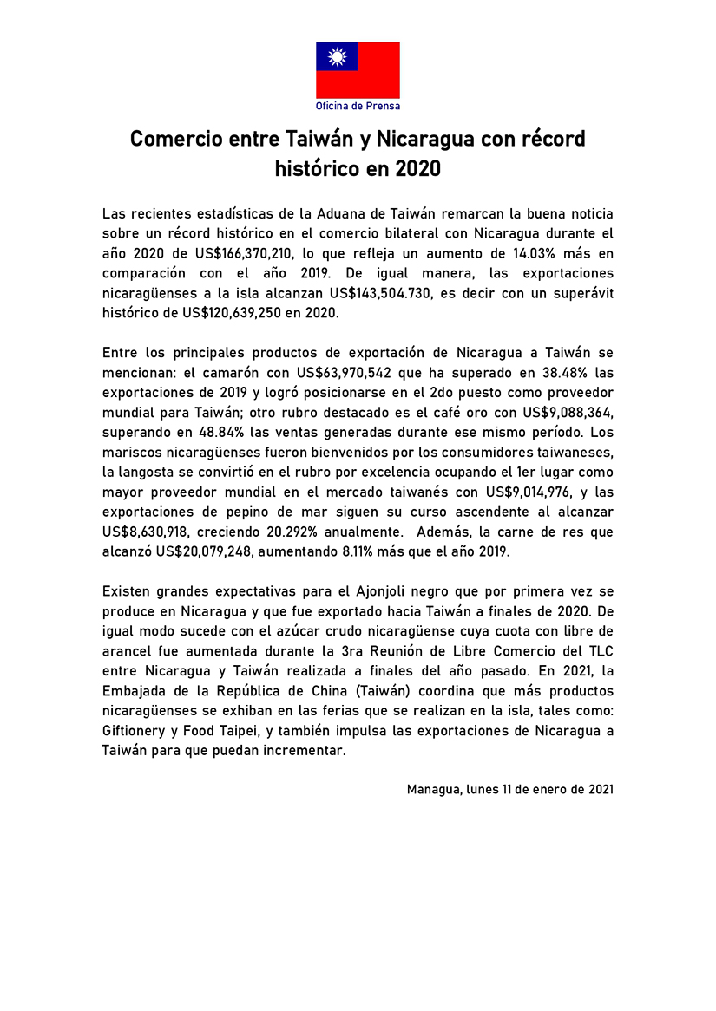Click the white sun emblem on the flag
[338, 57]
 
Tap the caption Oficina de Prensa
[358, 106]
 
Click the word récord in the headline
[551, 139]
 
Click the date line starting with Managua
[510, 790]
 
